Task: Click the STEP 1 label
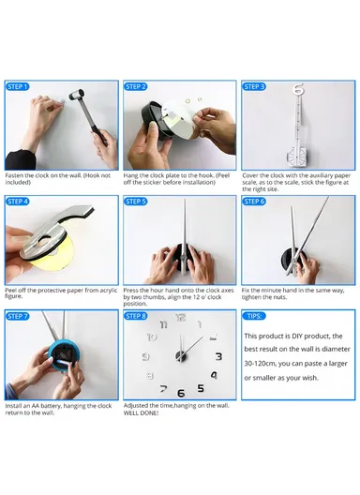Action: click(x=19, y=86)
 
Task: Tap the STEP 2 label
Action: click(x=137, y=86)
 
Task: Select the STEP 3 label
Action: click(x=255, y=86)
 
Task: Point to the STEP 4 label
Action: click(x=19, y=202)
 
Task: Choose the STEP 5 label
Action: click(x=137, y=202)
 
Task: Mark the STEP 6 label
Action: click(x=255, y=202)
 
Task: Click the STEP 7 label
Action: click(x=19, y=317)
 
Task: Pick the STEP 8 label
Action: click(x=137, y=317)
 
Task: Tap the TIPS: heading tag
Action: click(x=255, y=317)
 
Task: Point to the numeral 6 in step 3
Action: click(x=299, y=92)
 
